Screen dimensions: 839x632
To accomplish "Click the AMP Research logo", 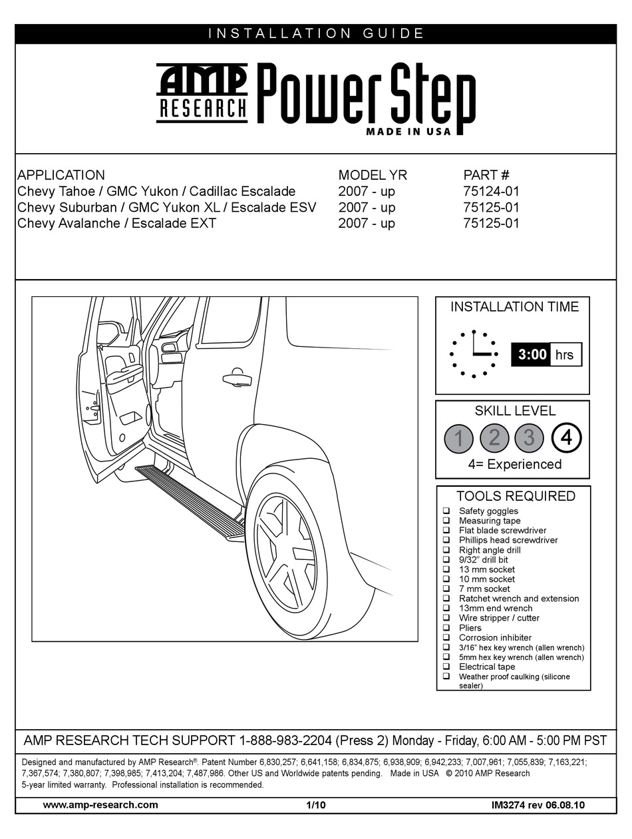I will point(202,93).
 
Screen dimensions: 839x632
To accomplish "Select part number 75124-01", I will point(491,192).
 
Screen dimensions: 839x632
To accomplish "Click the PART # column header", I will point(486,175).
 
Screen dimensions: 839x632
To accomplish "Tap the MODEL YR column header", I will point(373,175).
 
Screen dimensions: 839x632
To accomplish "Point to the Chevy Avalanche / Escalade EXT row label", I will point(117,224).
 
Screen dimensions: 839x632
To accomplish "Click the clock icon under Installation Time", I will point(474,354).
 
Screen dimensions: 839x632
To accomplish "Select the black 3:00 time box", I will point(531,354).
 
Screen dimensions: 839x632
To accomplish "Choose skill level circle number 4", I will point(566,437).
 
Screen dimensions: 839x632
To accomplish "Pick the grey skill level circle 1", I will point(459,437).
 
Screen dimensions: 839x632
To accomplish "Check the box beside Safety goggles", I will point(446,511).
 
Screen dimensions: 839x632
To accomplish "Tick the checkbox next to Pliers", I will point(446,628).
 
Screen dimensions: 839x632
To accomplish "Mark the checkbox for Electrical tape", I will point(446,667).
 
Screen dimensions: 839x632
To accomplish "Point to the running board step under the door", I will point(186,499).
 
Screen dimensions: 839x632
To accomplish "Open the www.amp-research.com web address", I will point(100,805).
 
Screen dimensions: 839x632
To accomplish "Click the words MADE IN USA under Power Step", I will point(408,131).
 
